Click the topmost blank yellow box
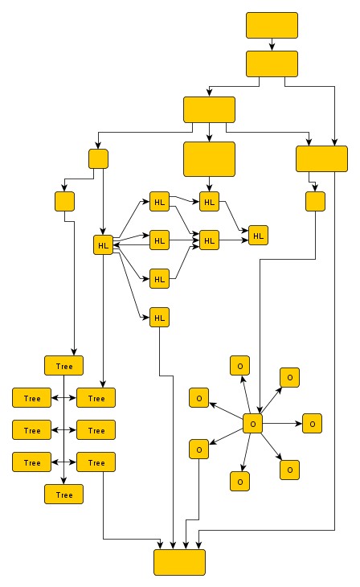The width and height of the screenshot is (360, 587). coord(272,25)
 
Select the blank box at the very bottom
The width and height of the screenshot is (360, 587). coord(179,562)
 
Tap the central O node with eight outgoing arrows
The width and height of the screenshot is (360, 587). coord(252,423)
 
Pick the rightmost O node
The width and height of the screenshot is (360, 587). coord(312,423)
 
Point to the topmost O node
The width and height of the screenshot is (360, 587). coord(239,366)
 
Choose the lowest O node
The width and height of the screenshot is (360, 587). coord(239,481)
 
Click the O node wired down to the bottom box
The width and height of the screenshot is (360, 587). coord(198,449)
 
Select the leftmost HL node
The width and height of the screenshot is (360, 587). coord(103,244)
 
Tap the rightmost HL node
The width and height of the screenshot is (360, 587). coord(258,236)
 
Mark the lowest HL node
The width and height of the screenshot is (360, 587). coord(159,318)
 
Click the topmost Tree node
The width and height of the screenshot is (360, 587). coord(64,365)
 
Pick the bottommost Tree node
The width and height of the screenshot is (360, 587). coord(64,495)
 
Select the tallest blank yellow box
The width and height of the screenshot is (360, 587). coord(209,158)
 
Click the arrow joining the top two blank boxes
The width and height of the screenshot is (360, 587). coord(272,44)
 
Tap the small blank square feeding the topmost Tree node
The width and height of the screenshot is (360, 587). coord(64,200)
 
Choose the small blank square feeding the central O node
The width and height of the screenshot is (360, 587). coord(315,200)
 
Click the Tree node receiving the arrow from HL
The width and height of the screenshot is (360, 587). coord(96,397)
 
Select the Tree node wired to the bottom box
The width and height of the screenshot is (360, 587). coord(96,462)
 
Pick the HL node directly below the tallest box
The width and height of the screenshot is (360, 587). coord(209,202)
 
